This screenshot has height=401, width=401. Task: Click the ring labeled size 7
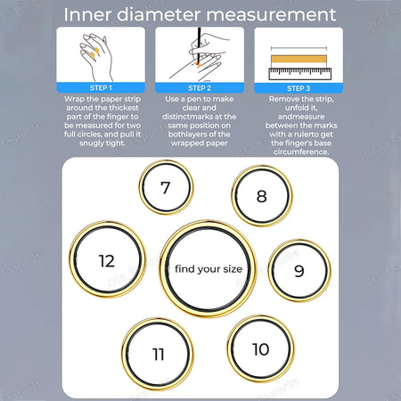166,187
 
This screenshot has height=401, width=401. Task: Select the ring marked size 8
261,196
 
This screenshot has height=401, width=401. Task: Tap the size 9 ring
299,270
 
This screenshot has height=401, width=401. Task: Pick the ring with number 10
260,348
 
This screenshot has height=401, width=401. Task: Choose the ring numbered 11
158,354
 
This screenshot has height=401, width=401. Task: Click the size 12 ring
107,261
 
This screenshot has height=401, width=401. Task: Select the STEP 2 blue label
200,88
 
